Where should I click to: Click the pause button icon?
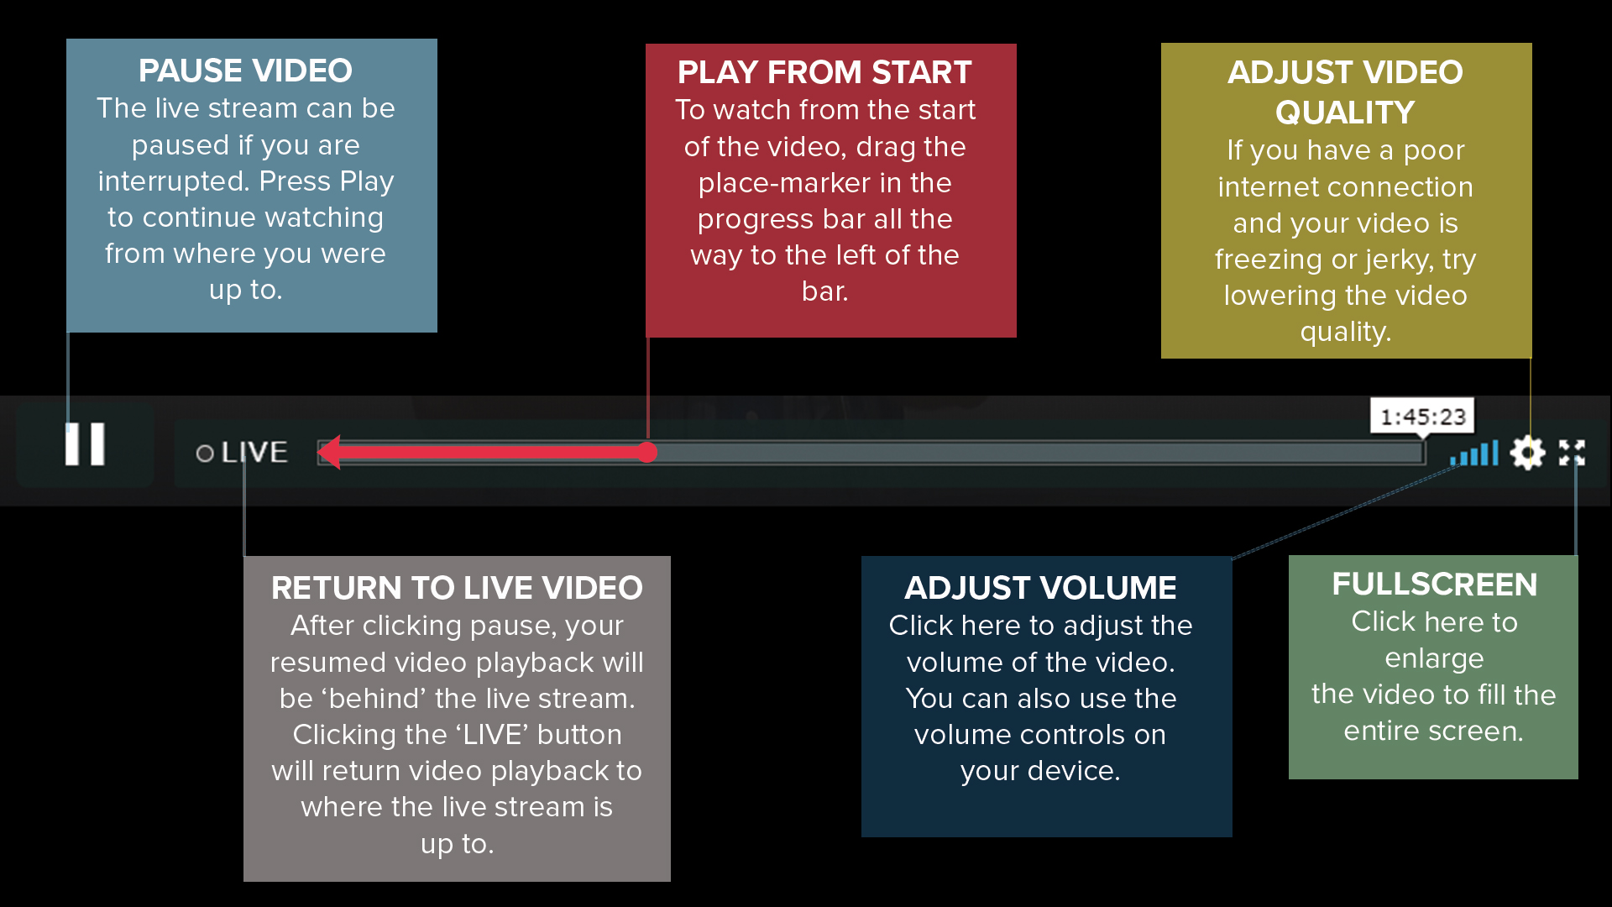tap(85, 443)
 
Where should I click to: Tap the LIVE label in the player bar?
tap(254, 453)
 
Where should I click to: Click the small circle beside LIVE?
tap(205, 453)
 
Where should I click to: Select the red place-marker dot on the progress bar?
tap(646, 453)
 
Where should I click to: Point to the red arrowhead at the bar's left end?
tap(329, 453)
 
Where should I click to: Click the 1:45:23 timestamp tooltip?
tap(1422, 417)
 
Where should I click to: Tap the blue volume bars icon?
tap(1474, 453)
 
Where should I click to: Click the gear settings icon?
tap(1527, 453)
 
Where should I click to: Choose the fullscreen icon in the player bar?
tap(1572, 453)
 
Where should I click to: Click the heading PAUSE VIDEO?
tap(245, 71)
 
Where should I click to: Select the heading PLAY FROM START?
tap(824, 72)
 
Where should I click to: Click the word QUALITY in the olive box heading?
tap(1345, 113)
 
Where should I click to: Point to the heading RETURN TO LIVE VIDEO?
tap(457, 588)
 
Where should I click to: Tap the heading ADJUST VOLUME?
tap(1040, 588)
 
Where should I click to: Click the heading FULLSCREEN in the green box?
tap(1434, 585)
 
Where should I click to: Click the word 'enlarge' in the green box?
tap(1434, 658)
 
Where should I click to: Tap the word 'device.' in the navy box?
tap(1081, 771)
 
